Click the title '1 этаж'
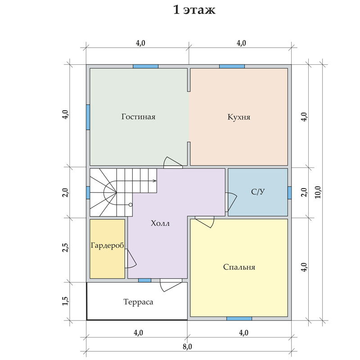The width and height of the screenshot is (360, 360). click(194, 10)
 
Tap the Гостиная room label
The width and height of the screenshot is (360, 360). click(139, 117)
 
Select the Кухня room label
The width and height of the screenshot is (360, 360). click(239, 117)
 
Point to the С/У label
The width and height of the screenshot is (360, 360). click(258, 192)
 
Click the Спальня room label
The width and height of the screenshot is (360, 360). click(239, 267)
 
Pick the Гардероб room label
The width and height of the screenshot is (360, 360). click(107, 245)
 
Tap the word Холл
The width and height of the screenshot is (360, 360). click(160, 223)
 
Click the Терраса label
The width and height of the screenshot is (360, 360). click(138, 301)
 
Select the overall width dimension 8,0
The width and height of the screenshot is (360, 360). click(187, 346)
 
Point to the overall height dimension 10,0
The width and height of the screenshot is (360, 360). click(318, 192)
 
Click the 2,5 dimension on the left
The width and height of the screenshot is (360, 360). click(65, 247)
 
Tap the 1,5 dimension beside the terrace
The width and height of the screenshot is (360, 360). click(65, 301)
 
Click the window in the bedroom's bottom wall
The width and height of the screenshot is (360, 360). click(239, 319)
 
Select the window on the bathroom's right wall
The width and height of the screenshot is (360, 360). click(289, 193)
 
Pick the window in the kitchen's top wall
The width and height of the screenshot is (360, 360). click(232, 66)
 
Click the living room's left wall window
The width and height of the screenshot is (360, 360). click(88, 117)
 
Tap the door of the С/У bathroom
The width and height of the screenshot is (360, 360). click(231, 202)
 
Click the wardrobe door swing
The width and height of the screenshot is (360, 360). click(130, 259)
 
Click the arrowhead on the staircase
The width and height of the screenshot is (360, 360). click(155, 181)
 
